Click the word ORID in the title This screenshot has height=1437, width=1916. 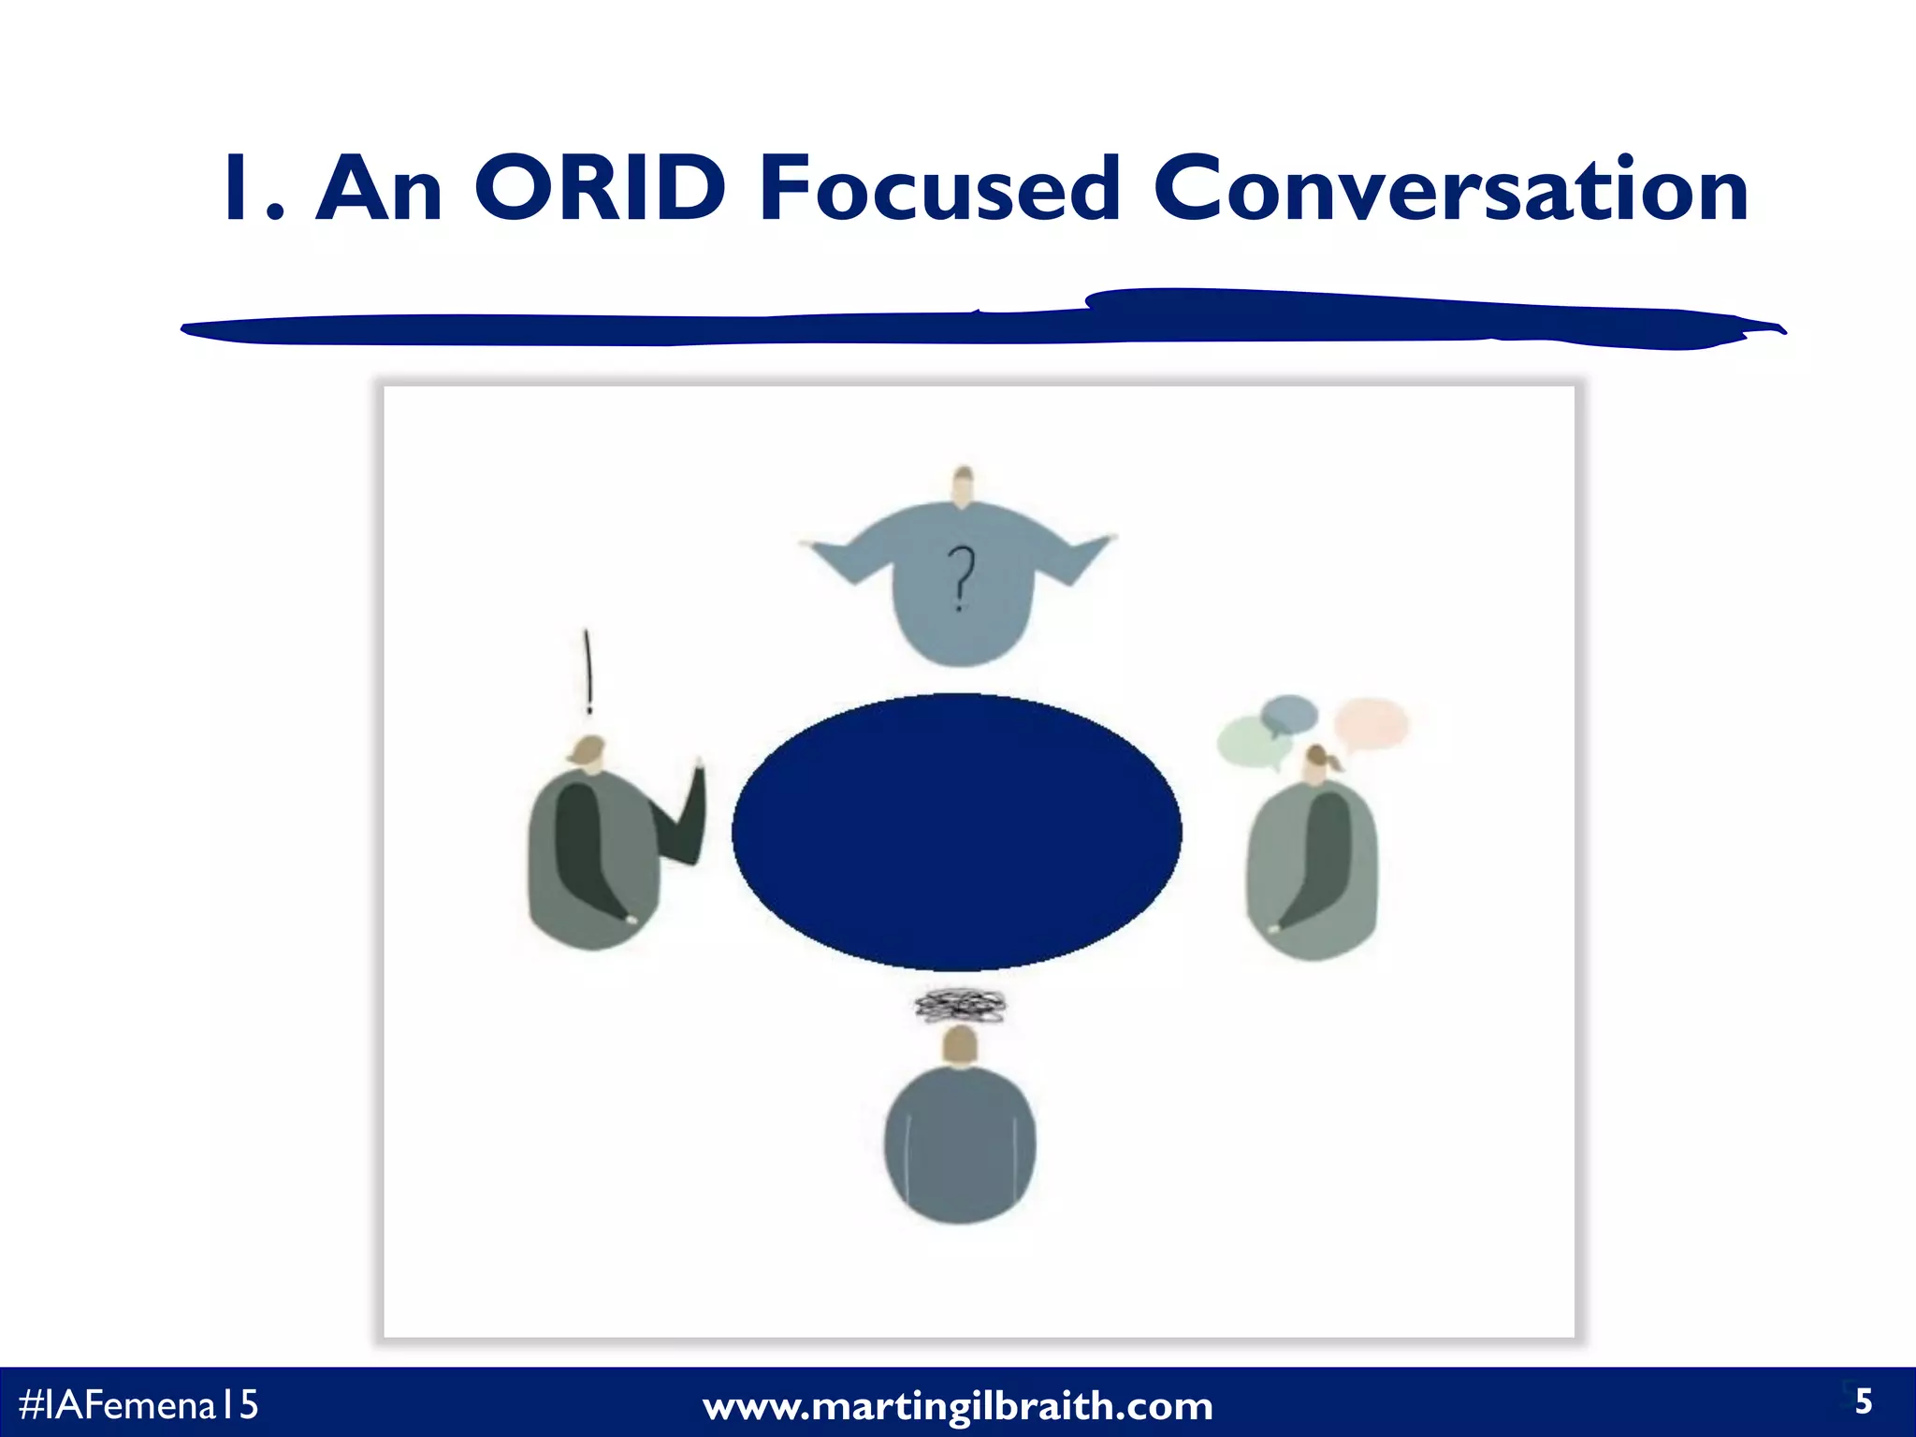click(600, 189)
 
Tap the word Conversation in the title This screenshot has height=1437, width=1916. click(1451, 189)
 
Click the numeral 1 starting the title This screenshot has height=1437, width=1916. click(245, 189)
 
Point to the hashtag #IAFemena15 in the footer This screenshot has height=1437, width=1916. click(138, 1404)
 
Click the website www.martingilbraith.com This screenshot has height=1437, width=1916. click(957, 1406)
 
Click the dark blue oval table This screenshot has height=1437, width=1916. click(956, 832)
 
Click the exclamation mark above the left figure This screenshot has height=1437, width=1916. click(588, 670)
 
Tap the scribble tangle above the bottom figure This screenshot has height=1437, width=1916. click(960, 1006)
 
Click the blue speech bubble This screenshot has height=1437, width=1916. click(1289, 715)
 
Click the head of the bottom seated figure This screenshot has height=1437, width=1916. click(960, 1046)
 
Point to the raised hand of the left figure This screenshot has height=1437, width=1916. click(696, 777)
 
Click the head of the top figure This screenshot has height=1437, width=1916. click(962, 487)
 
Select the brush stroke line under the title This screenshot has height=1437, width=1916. click(982, 321)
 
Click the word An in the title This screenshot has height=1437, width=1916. click(378, 189)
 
